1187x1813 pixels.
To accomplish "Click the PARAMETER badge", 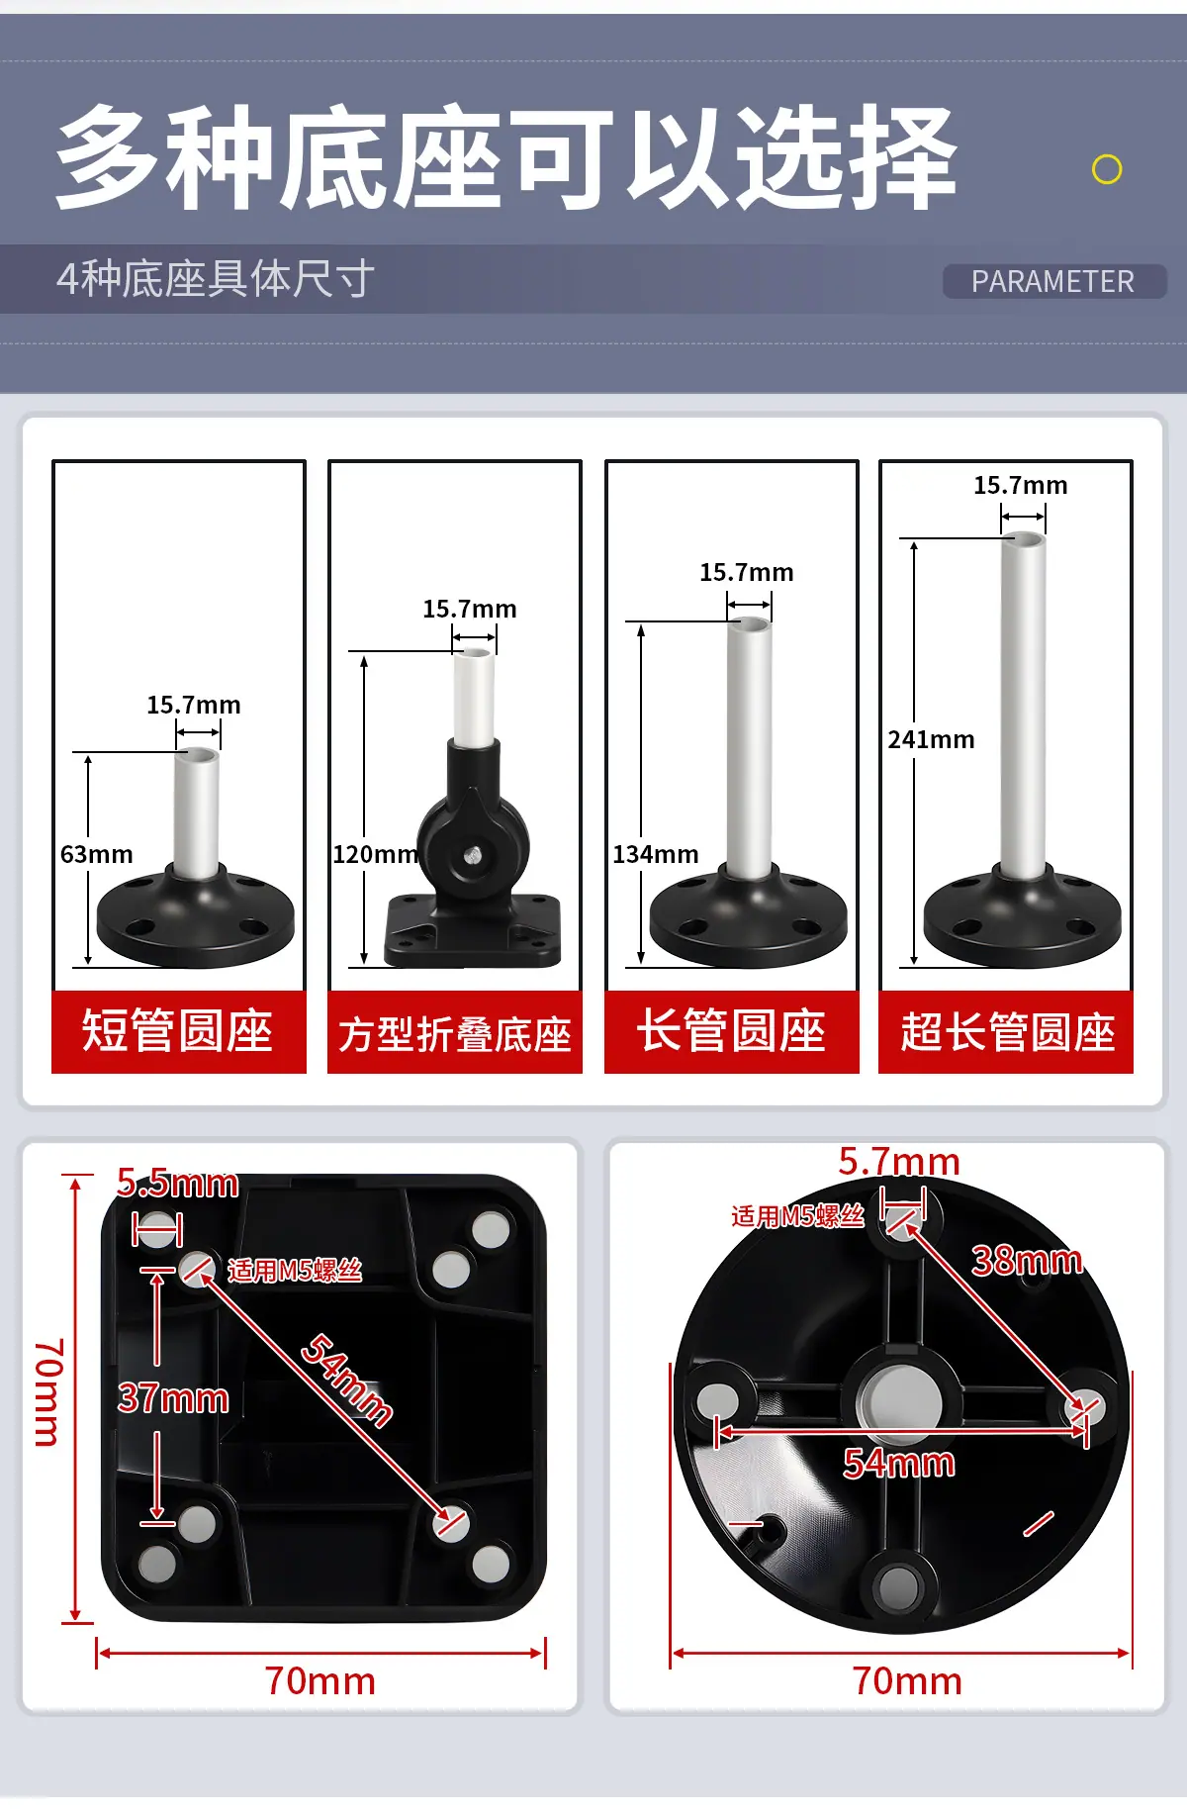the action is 1053,281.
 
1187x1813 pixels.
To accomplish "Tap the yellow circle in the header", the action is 1107,169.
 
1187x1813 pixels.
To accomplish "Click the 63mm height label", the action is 96,854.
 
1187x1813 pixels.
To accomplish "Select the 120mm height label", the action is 375,854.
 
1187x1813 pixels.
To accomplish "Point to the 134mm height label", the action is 655,854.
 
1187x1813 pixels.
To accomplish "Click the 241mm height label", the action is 931,739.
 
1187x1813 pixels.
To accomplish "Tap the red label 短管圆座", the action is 178,1031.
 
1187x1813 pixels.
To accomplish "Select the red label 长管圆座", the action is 732,1031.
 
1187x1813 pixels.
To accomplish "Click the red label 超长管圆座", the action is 1006,1031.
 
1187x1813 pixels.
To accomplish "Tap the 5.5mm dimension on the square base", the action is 177,1183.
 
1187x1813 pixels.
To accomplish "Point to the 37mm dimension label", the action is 173,1398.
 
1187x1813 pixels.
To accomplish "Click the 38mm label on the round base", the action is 1027,1260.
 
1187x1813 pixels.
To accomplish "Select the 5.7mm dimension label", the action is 899,1161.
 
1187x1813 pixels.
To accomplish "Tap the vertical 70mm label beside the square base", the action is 49,1392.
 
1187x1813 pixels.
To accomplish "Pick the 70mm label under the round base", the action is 907,1681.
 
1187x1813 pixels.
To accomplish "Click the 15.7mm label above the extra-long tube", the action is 1021,485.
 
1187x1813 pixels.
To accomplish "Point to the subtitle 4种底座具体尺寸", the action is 216,279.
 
